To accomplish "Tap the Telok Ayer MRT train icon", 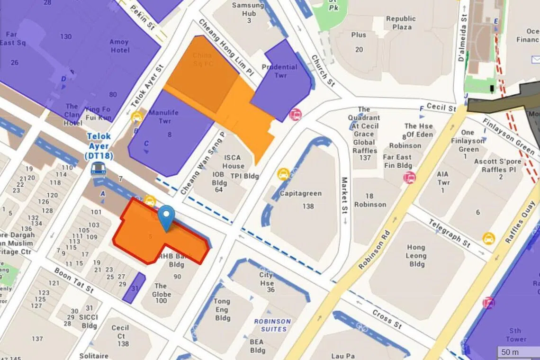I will pos(98,168).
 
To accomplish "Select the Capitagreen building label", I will pos(300,193).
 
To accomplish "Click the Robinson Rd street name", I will pos(374,250).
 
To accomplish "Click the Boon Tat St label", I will pos(74,280).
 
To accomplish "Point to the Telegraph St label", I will pos(449,233).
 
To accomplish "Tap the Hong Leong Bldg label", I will pos(416,255).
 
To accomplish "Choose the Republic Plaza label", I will pos(401,23).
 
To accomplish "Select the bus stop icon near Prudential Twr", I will pos(296,115).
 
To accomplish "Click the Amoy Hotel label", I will pos(119,46).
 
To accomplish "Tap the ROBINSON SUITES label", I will pos(272,325).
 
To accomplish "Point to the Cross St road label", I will pos(387,319).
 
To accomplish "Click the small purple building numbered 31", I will pos(134,288).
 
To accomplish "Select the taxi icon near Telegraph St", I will pos(488,238).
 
